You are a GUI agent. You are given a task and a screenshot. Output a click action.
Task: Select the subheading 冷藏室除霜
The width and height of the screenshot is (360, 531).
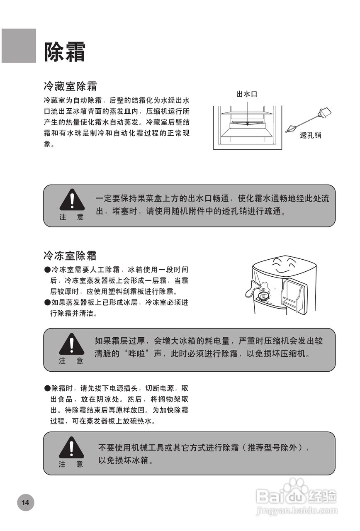click(70, 86)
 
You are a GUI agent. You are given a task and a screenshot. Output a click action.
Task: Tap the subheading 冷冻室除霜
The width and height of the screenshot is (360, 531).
click(70, 255)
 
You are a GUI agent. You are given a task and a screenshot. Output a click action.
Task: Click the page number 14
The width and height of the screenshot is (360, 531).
click(26, 503)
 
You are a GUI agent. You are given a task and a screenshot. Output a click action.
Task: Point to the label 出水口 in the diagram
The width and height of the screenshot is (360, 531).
click(247, 94)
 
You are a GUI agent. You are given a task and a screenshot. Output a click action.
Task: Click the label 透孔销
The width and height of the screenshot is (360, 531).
click(311, 135)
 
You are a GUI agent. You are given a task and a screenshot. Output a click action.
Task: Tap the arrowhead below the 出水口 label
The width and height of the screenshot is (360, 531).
click(247, 123)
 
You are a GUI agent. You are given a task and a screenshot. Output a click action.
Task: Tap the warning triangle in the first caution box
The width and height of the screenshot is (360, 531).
click(72, 200)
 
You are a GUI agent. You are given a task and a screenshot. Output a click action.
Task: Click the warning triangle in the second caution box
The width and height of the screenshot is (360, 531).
click(71, 344)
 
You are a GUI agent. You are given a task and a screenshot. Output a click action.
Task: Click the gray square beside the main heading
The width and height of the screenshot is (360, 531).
click(19, 46)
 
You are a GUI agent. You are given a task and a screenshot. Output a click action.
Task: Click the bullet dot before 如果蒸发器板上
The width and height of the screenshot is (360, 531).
click(47, 302)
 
